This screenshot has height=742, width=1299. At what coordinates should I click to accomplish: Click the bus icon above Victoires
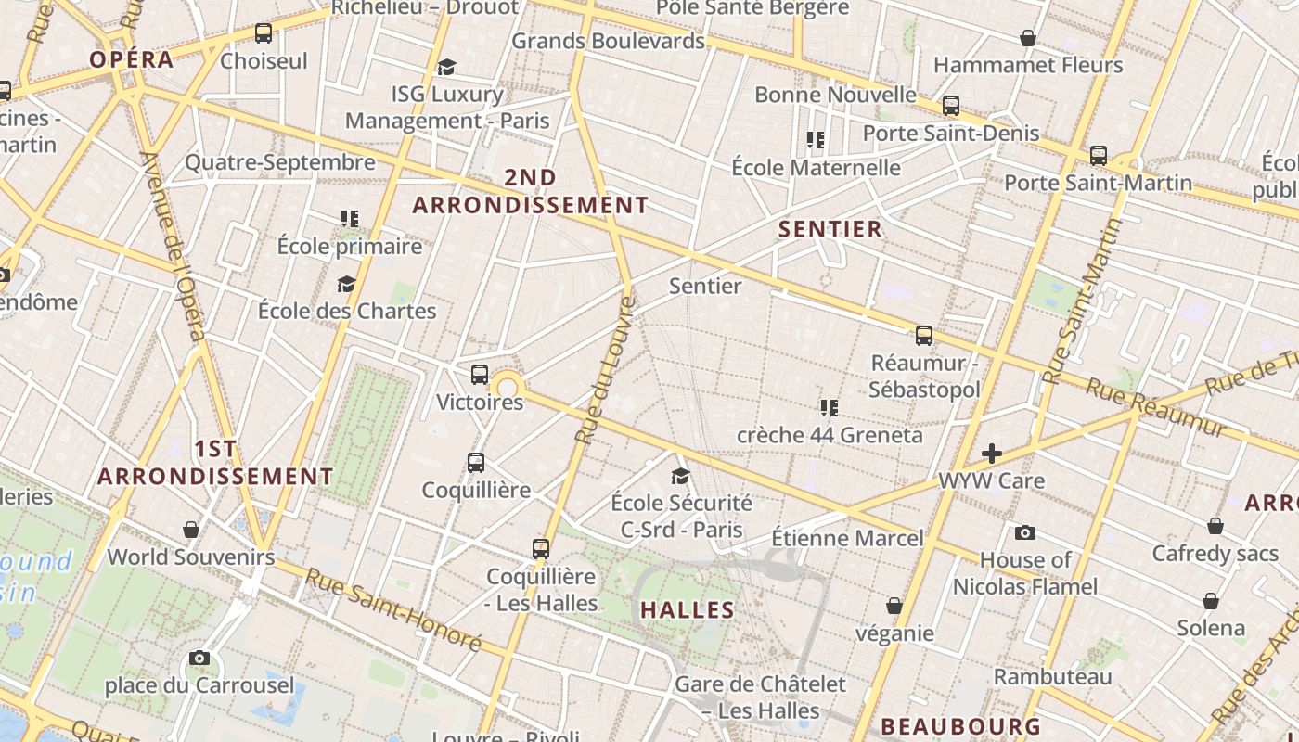480,375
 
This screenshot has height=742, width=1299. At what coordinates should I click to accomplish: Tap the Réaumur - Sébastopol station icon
924,335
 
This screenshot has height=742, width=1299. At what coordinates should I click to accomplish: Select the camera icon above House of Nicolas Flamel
1024,532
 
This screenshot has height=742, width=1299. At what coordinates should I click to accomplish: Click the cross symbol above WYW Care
992,454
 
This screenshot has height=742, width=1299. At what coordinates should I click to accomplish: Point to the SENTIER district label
830,229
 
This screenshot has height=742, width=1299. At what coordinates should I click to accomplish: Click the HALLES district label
688,610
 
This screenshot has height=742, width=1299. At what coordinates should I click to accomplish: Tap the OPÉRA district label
132,60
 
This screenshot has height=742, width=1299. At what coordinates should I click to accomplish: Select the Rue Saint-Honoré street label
393,610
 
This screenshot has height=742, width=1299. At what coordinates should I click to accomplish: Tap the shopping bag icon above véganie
894,606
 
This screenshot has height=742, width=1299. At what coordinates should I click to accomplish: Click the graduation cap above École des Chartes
346,284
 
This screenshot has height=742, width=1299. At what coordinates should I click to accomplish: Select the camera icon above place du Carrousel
199,659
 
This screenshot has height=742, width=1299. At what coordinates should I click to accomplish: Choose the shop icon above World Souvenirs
191,530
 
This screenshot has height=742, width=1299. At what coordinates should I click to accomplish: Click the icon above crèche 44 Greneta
830,407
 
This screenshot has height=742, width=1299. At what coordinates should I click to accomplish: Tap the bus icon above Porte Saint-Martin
1099,155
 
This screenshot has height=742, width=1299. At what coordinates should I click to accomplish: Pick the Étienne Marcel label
847,538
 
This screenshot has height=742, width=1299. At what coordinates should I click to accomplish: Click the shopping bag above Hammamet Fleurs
1028,38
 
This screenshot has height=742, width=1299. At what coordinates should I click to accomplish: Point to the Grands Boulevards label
608,41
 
